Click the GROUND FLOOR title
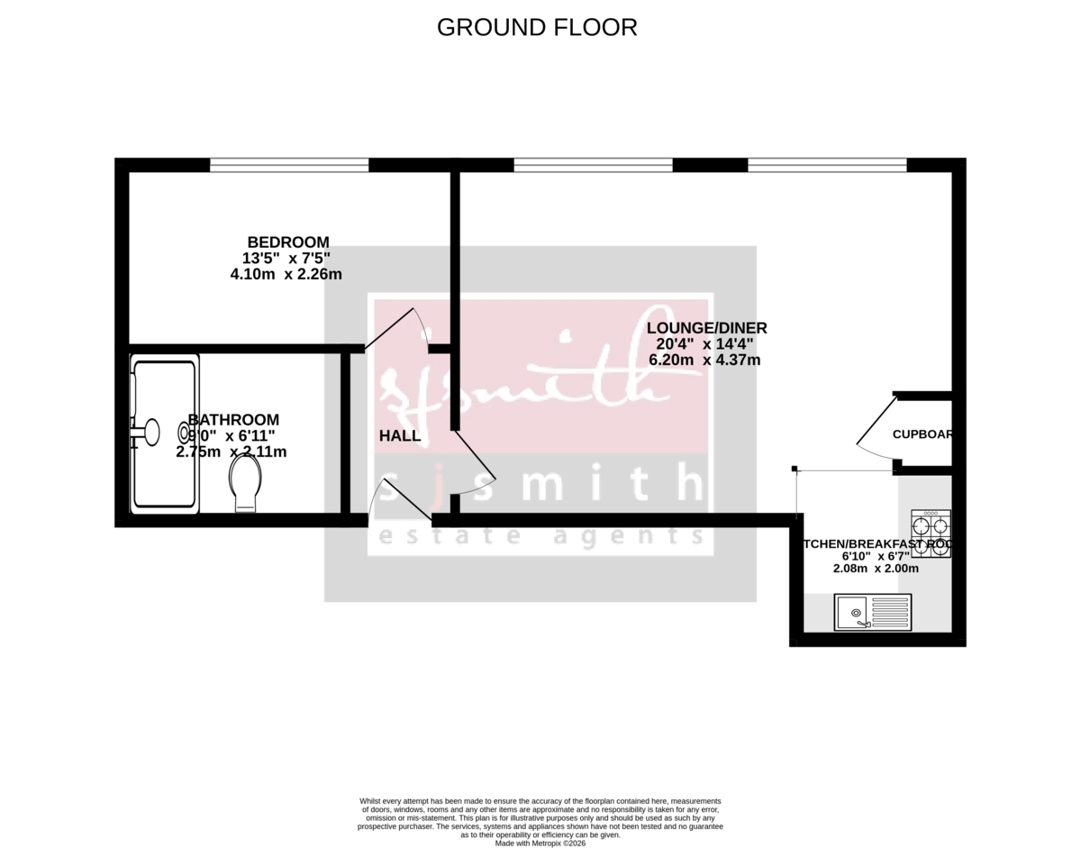537,28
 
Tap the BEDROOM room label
288,242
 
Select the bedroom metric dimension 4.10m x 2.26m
286,274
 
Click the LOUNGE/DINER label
707,328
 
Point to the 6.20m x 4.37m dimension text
704,360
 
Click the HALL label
399,436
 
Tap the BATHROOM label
233,420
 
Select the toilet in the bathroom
245,482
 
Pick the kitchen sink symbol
872,612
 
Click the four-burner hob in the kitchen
931,534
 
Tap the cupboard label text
922,434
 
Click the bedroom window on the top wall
289,165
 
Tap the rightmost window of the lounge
826,165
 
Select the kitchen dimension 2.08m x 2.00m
876,569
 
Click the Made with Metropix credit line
540,843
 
